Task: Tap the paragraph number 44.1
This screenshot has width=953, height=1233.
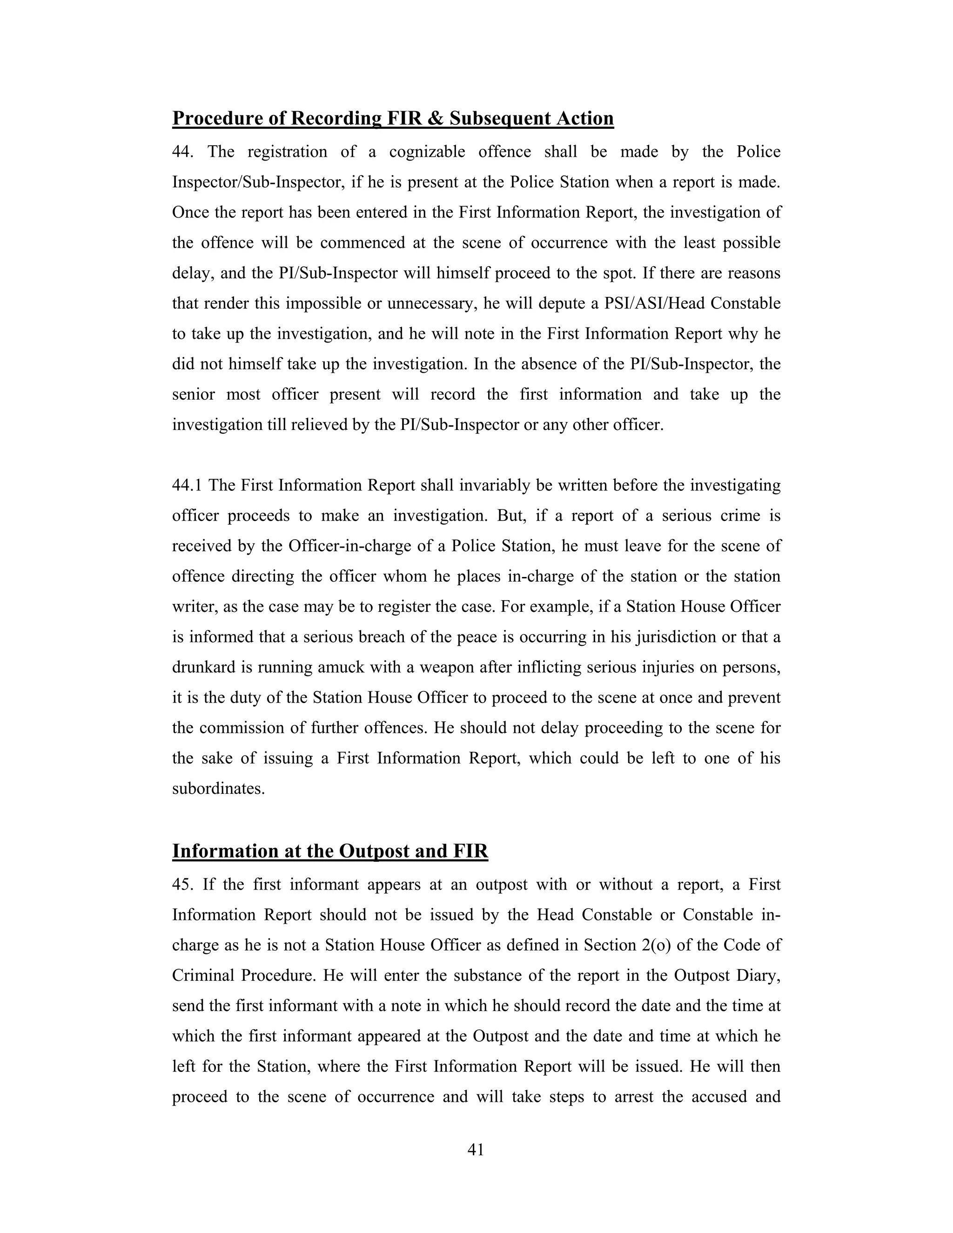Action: pyautogui.click(x=188, y=485)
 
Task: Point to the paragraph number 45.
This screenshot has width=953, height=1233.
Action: pyautogui.click(x=183, y=884)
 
